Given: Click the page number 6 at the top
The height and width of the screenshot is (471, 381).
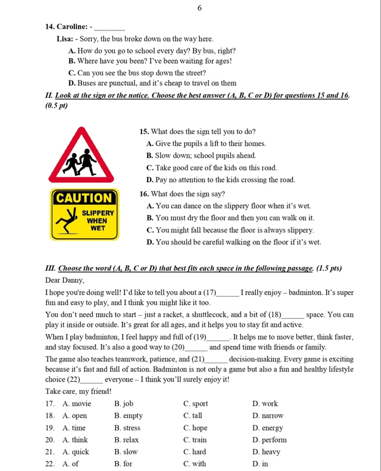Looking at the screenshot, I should click(199, 8).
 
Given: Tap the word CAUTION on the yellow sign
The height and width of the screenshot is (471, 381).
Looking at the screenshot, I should click(83, 198).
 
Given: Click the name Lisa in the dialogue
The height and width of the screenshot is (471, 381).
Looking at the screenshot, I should click(65, 39).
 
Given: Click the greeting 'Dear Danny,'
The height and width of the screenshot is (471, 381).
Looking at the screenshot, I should click(65, 280).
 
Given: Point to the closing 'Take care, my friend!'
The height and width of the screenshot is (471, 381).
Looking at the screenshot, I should click(79, 391).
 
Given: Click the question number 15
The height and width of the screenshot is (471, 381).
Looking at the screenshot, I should click(144, 132).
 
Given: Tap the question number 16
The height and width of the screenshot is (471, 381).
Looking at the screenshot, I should click(144, 194).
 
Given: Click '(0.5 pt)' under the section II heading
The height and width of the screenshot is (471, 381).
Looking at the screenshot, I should click(57, 106).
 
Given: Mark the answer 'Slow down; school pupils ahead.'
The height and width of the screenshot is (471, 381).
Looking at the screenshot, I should click(205, 156).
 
